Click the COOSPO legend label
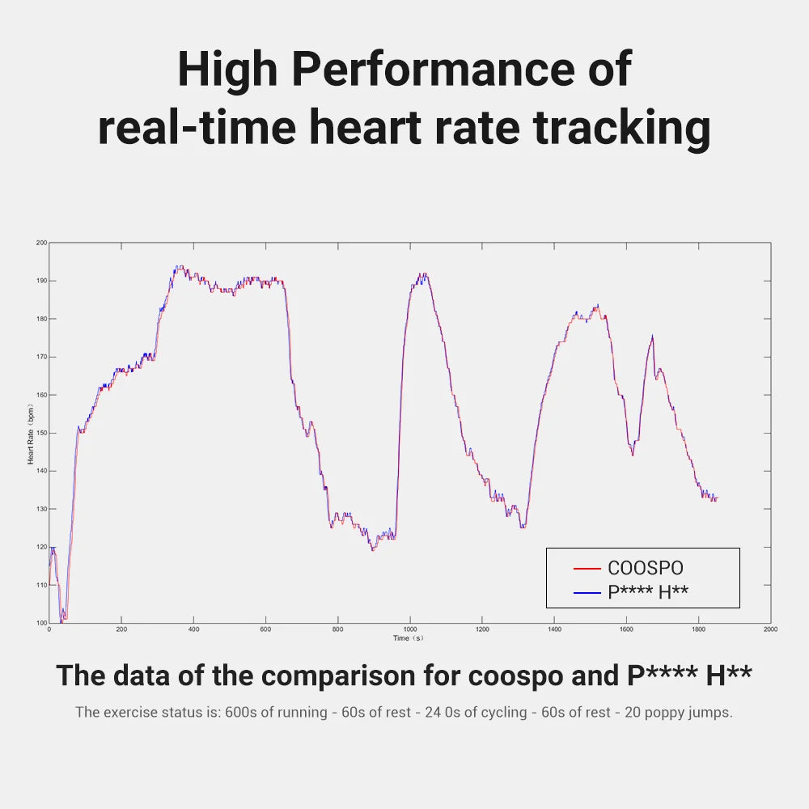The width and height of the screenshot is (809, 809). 645,569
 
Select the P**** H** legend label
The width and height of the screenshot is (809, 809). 648,593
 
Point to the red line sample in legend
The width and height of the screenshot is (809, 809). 587,569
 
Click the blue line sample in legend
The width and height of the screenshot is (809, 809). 587,593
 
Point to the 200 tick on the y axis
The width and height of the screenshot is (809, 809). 41,243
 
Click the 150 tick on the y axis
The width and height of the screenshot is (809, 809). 41,433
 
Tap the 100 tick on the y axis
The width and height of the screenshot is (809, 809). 41,623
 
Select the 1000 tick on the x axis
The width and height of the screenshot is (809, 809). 410,629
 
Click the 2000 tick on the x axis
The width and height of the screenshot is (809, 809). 770,629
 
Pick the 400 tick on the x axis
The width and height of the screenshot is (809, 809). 193,629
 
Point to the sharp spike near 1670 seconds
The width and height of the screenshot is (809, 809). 652,336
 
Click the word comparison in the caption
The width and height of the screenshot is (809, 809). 371,675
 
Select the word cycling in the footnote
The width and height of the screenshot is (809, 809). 484,713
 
